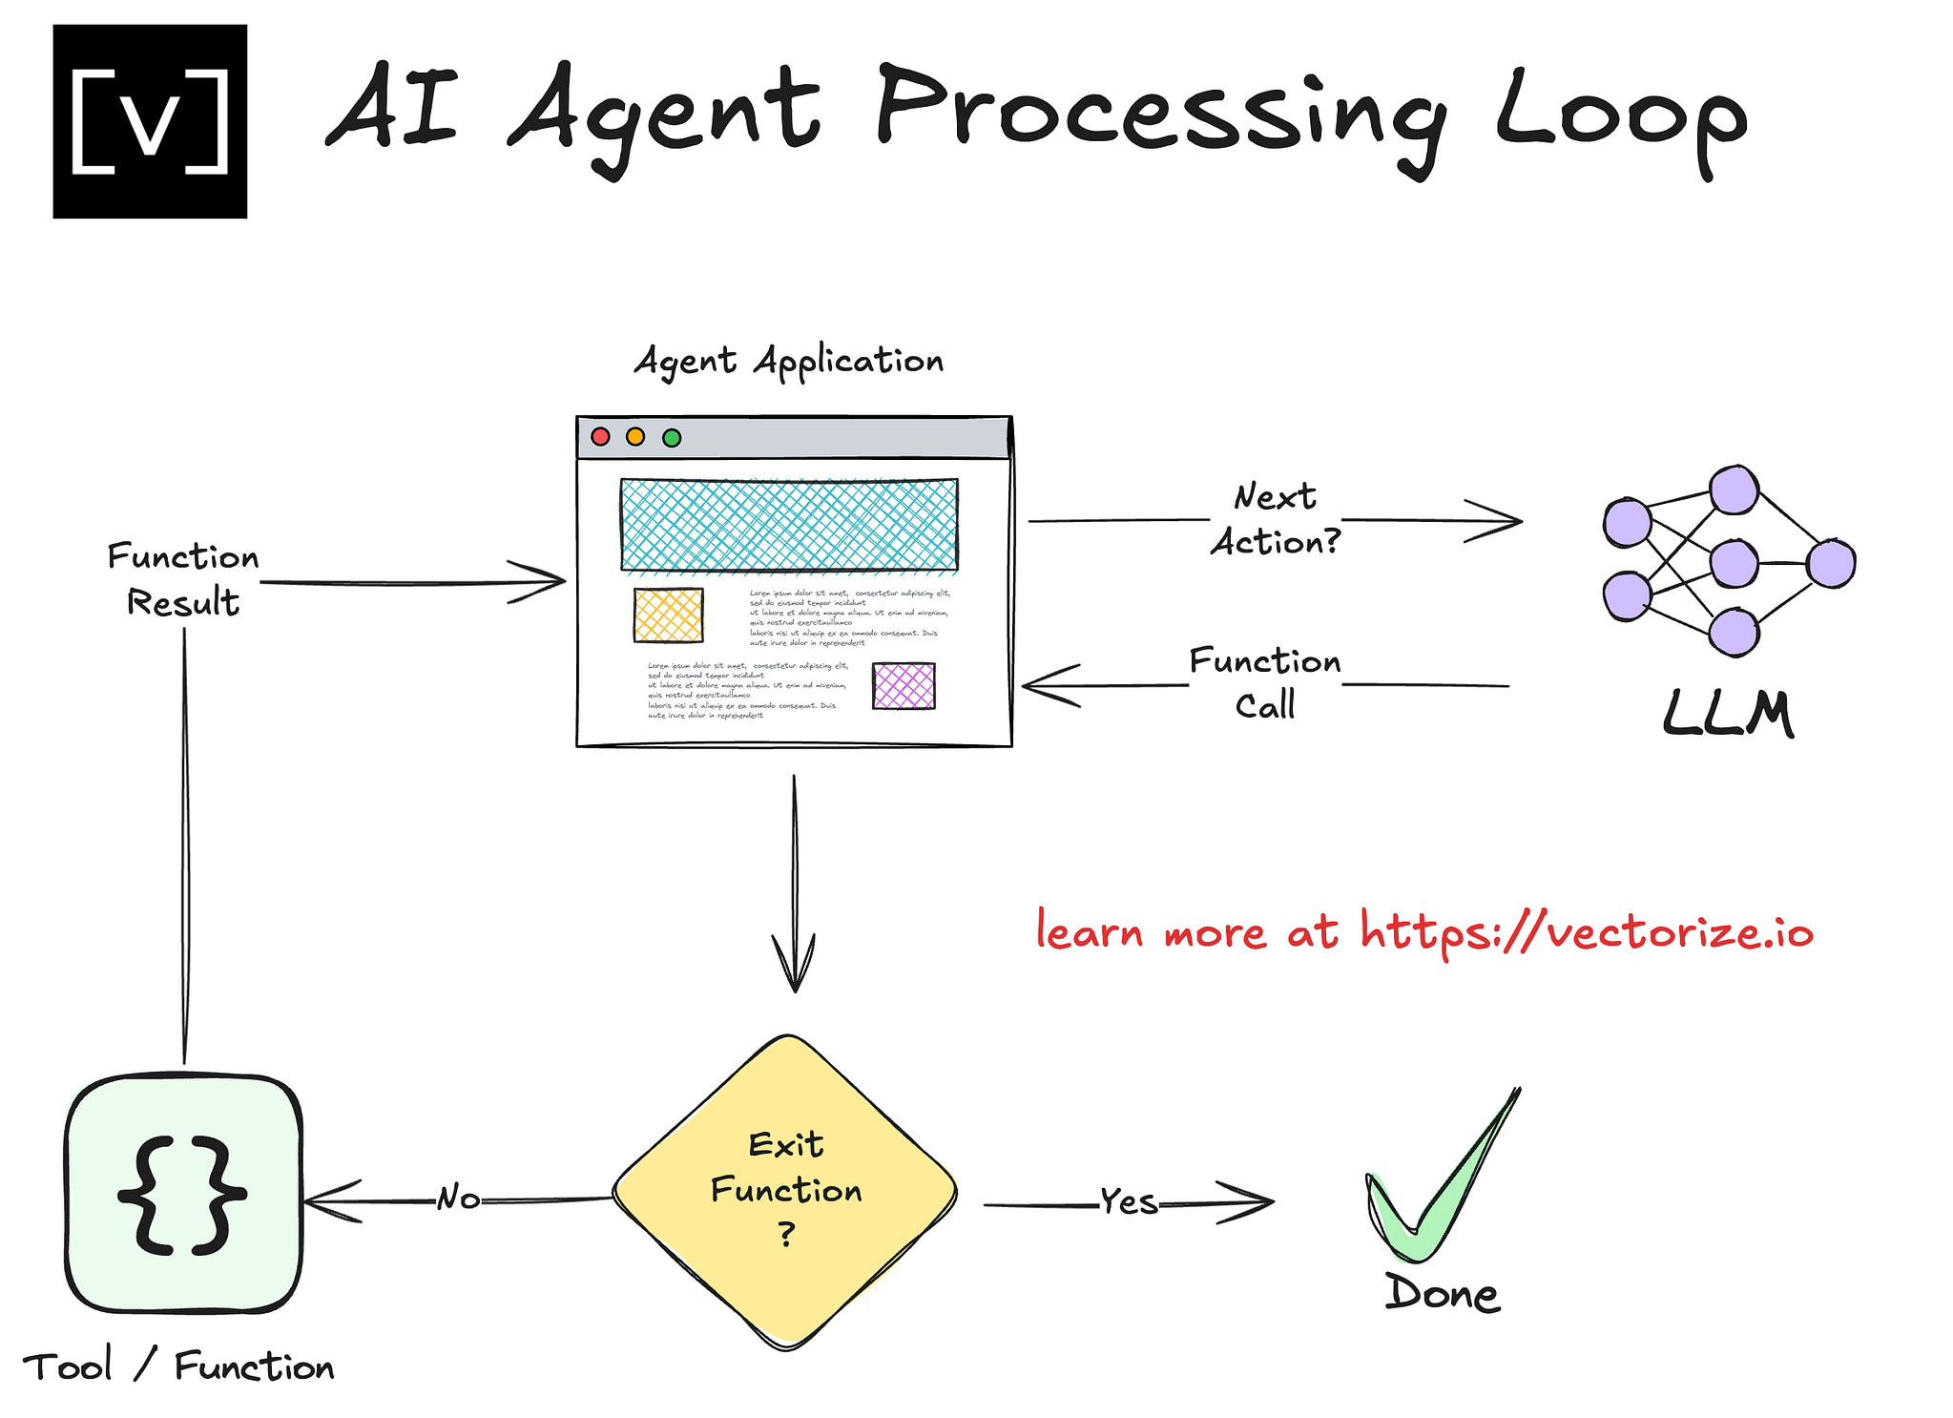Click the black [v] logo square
(150, 121)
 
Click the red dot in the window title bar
(600, 437)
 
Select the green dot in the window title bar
(672, 438)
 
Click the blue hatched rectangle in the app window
(789, 525)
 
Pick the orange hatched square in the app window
(668, 615)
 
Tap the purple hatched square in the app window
(904, 686)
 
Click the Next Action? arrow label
(1276, 520)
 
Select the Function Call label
(1265, 683)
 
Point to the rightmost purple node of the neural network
(1831, 564)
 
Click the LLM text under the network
(1728, 714)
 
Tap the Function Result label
(182, 579)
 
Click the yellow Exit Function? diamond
(785, 1191)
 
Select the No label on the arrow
(458, 1199)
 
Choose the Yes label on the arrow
(1129, 1202)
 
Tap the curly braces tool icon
(183, 1195)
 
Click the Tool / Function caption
(178, 1366)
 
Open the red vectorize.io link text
(1423, 931)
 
